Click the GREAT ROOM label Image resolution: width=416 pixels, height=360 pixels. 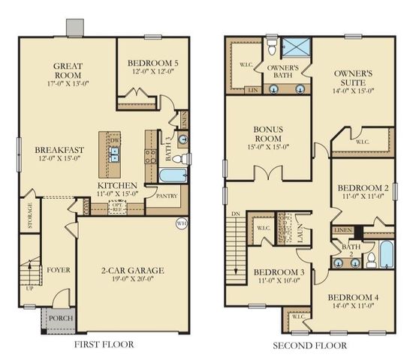pyautogui.click(x=68, y=70)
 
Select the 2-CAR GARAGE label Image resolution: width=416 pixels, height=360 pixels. pyautogui.click(x=132, y=270)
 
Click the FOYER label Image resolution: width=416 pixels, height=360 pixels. pyautogui.click(x=58, y=268)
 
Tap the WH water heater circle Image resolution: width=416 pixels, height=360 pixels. pyautogui.click(x=181, y=223)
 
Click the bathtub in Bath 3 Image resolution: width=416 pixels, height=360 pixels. pyautogui.click(x=173, y=175)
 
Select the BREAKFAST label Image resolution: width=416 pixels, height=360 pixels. pyautogui.click(x=59, y=149)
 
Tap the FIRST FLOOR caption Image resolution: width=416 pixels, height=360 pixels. pyautogui.click(x=104, y=345)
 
